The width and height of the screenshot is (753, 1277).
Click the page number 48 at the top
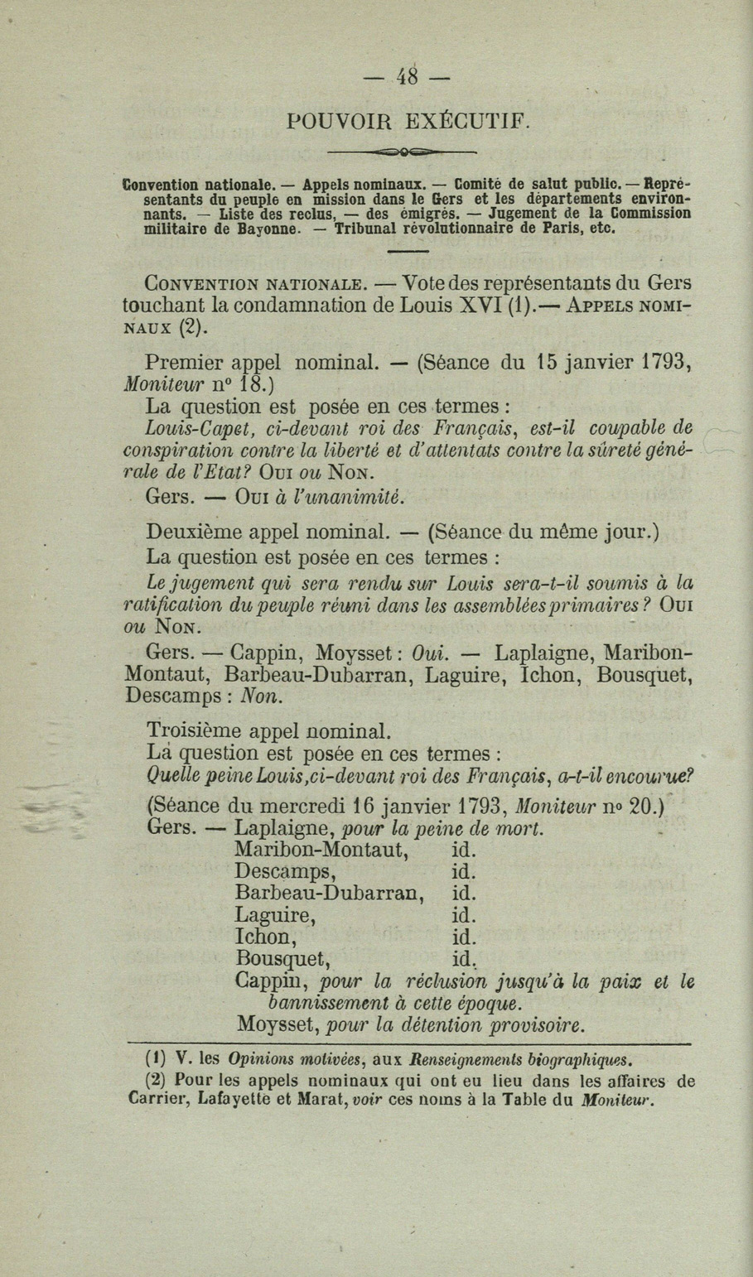click(x=407, y=77)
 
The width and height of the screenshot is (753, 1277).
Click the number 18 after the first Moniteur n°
click(x=249, y=383)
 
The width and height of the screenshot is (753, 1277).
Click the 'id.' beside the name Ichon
click(x=464, y=937)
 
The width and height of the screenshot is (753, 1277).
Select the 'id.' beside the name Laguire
click(x=464, y=915)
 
